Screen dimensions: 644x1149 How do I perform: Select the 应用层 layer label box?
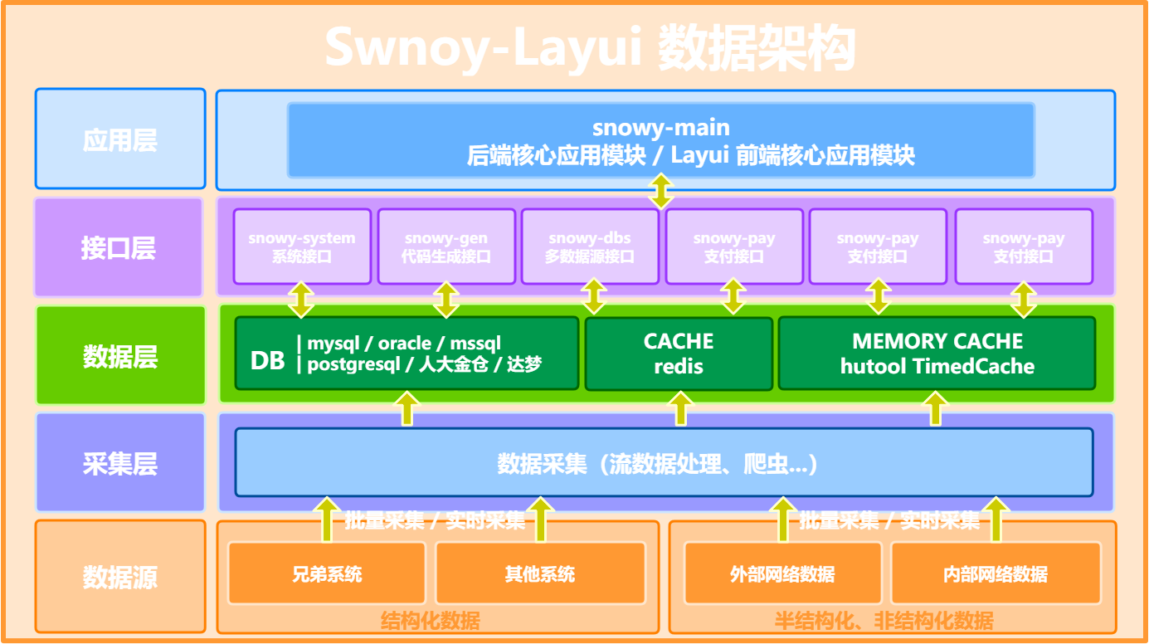[120, 139]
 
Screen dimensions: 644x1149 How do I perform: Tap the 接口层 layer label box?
[119, 247]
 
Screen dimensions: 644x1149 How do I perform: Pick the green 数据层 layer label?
[120, 356]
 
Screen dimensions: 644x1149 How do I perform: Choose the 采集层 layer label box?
[120, 462]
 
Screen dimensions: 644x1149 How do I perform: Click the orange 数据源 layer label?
[120, 576]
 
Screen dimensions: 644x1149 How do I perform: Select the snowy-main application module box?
[660, 140]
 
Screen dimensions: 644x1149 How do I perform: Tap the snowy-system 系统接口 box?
[301, 246]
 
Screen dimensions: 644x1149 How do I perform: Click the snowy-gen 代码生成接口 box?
[445, 246]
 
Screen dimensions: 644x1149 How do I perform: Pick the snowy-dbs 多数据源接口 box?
[590, 246]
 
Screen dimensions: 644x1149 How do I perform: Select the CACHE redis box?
[679, 354]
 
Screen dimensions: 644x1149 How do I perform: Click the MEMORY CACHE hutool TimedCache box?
[937, 354]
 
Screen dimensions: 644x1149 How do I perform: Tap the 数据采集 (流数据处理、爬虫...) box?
[664, 463]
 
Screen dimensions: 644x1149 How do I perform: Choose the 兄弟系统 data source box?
[327, 573]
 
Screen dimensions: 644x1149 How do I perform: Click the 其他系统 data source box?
[540, 573]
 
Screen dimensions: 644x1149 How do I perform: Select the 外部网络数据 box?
[782, 573]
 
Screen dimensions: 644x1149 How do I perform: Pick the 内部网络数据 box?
[996, 573]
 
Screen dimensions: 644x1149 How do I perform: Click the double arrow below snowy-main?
[661, 191]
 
